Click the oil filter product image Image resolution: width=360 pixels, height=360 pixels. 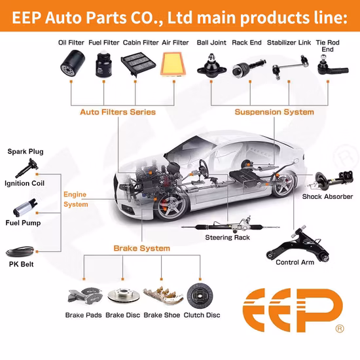click(73, 64)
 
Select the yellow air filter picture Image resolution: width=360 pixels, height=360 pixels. click(174, 64)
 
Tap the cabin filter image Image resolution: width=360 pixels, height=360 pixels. click(139, 64)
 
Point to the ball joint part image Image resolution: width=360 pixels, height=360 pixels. click(211, 66)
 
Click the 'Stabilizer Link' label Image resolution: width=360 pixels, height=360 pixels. click(289, 43)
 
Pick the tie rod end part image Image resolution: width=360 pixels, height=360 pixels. click(333, 66)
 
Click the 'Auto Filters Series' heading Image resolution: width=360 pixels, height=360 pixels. click(118, 112)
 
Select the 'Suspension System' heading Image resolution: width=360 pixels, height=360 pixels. click(274, 112)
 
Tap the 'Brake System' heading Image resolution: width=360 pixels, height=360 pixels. click(142, 248)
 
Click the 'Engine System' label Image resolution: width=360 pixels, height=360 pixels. click(75, 199)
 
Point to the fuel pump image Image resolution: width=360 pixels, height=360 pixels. click(25, 208)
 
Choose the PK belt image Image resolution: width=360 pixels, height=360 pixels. click(20, 251)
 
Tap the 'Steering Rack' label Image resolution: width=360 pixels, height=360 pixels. click(227, 238)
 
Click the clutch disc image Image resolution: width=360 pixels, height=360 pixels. click(200, 296)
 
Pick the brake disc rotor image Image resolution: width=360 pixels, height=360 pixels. click(124, 295)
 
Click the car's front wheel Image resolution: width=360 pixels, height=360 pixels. click(171, 207)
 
